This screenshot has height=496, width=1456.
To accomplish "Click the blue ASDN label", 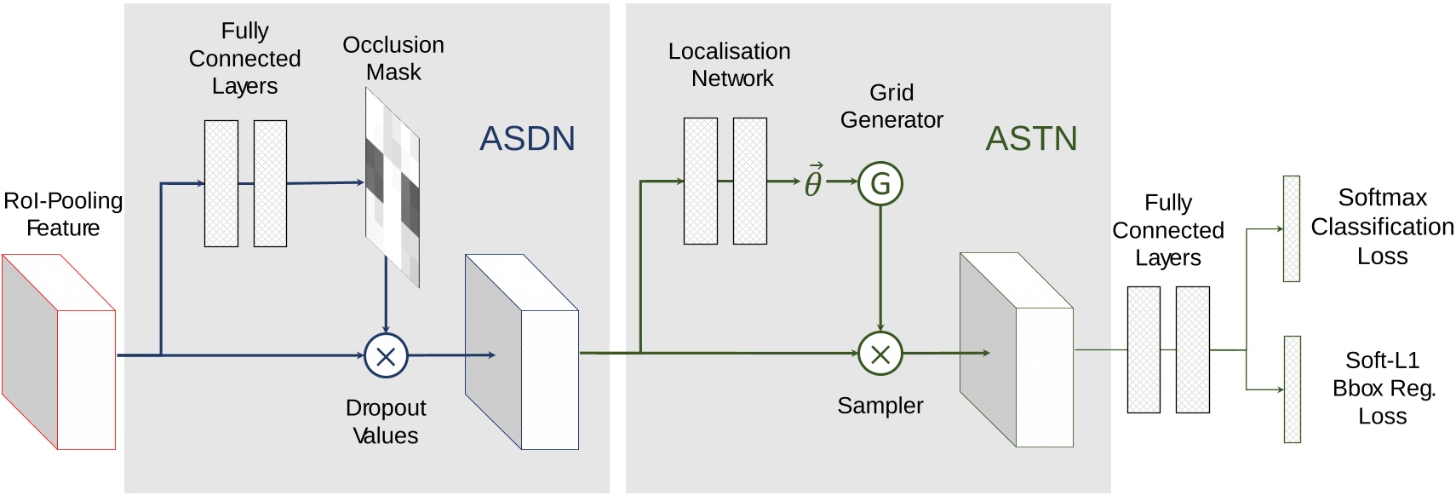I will point(527,138).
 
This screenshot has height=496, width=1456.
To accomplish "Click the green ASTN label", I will point(1031,138).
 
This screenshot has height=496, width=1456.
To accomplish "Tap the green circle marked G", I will point(880,183).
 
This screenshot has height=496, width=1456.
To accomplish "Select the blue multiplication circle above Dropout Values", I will point(386,355).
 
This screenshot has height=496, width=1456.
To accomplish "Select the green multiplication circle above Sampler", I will point(880,354).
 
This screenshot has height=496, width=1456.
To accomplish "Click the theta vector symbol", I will point(813,181).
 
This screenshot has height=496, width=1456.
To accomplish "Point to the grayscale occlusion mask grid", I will point(393,187).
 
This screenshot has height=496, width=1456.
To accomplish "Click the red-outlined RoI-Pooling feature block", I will point(58,352).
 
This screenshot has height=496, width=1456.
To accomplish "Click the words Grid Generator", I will point(891,106).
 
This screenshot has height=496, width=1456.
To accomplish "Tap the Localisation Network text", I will point(730,65).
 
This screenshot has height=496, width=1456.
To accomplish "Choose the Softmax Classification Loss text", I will point(1382,227).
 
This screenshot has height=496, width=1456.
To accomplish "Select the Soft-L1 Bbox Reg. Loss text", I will point(1382,388).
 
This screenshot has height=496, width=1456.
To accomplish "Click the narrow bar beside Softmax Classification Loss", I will point(1291,228).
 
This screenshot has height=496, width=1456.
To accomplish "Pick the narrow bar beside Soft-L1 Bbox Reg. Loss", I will point(1292,389).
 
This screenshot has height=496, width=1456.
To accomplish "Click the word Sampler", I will point(880,406).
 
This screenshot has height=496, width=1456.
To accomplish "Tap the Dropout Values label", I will point(386,421).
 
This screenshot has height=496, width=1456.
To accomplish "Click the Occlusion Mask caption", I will point(393,58).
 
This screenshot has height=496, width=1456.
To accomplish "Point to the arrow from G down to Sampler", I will point(880,268).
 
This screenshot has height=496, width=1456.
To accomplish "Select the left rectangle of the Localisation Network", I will point(700,181).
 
